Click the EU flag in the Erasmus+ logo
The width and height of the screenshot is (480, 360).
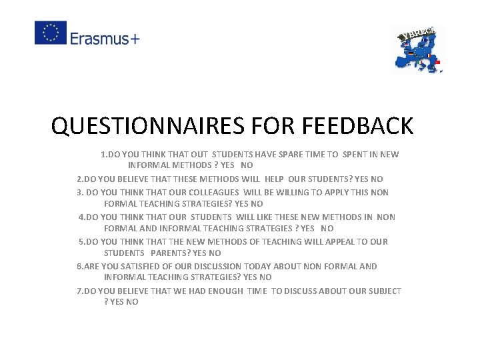(x=51, y=33)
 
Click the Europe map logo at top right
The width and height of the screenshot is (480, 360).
(x=418, y=49)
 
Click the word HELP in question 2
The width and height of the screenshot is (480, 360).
(x=274, y=179)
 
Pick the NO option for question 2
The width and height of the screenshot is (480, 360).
(x=377, y=179)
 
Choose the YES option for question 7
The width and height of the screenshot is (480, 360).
(x=117, y=302)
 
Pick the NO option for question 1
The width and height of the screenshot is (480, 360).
(x=247, y=165)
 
